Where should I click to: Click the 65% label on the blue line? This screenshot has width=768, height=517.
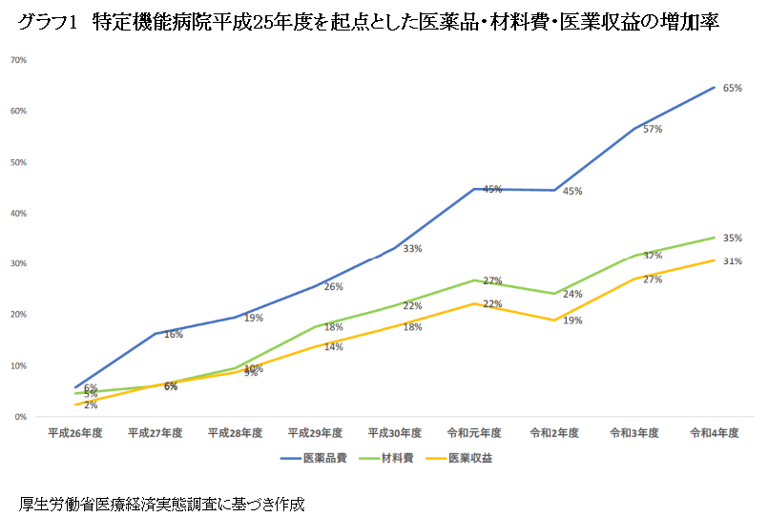pyautogui.click(x=733, y=88)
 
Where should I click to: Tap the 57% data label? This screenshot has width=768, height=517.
pyautogui.click(x=653, y=129)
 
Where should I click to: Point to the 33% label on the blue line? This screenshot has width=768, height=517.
pyautogui.click(x=412, y=249)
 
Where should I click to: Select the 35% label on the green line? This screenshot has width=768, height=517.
pyautogui.click(x=733, y=238)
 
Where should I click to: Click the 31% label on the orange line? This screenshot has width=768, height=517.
pyautogui.click(x=733, y=261)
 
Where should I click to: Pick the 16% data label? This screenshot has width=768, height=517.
pyautogui.click(x=173, y=335)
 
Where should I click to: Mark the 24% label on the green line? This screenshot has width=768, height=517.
pyautogui.click(x=572, y=295)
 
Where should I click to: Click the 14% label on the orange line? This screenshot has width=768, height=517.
pyautogui.click(x=333, y=347)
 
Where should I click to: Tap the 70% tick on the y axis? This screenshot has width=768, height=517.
pyautogui.click(x=18, y=60)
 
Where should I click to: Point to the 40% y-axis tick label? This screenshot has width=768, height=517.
pyautogui.click(x=18, y=213)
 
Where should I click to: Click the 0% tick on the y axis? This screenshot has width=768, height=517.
pyautogui.click(x=20, y=417)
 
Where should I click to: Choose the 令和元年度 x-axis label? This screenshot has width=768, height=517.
pyautogui.click(x=474, y=433)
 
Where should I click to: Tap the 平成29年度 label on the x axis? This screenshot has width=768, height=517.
pyautogui.click(x=315, y=433)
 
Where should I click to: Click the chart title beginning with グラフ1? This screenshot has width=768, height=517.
pyautogui.click(x=367, y=24)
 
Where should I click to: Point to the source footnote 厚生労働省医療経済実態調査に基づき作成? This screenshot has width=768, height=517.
pyautogui.click(x=161, y=503)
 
